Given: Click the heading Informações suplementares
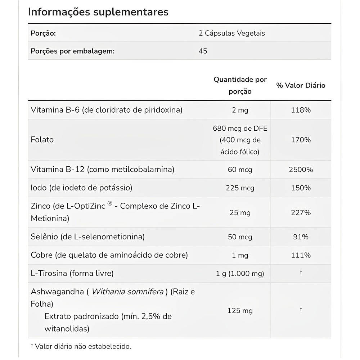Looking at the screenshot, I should pyautogui.click(x=98, y=12).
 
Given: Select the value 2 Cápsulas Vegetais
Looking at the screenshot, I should pyautogui.click(x=231, y=33).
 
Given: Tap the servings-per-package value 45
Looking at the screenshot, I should pyautogui.click(x=203, y=51).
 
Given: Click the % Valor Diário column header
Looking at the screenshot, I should pyautogui.click(x=301, y=85).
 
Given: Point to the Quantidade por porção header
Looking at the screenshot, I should pyautogui.click(x=240, y=85).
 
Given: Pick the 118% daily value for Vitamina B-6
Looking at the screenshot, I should pyautogui.click(x=301, y=110).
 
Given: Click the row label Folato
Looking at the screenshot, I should pyautogui.click(x=42, y=140).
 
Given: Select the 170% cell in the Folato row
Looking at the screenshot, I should pyautogui.click(x=301, y=140).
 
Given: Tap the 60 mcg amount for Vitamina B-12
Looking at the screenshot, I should pyautogui.click(x=240, y=170).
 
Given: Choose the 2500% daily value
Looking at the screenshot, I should pyautogui.click(x=301, y=170).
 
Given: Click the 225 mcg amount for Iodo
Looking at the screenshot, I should pyautogui.click(x=240, y=188).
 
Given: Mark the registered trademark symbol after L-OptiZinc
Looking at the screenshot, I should pyautogui.click(x=110, y=204).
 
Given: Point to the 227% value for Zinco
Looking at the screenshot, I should pyautogui.click(x=301, y=213).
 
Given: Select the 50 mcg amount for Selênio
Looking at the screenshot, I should pyautogui.click(x=240, y=237).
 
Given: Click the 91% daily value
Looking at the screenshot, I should pyautogui.click(x=301, y=237).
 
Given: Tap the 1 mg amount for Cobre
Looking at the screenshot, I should pyautogui.click(x=240, y=255).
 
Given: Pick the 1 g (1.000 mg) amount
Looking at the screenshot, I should pyautogui.click(x=240, y=274).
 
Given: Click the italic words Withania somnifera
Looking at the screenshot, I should pyautogui.click(x=128, y=292).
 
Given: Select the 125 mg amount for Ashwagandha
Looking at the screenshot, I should pyautogui.click(x=240, y=310).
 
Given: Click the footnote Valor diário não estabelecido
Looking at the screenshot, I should pyautogui.click(x=83, y=347).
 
